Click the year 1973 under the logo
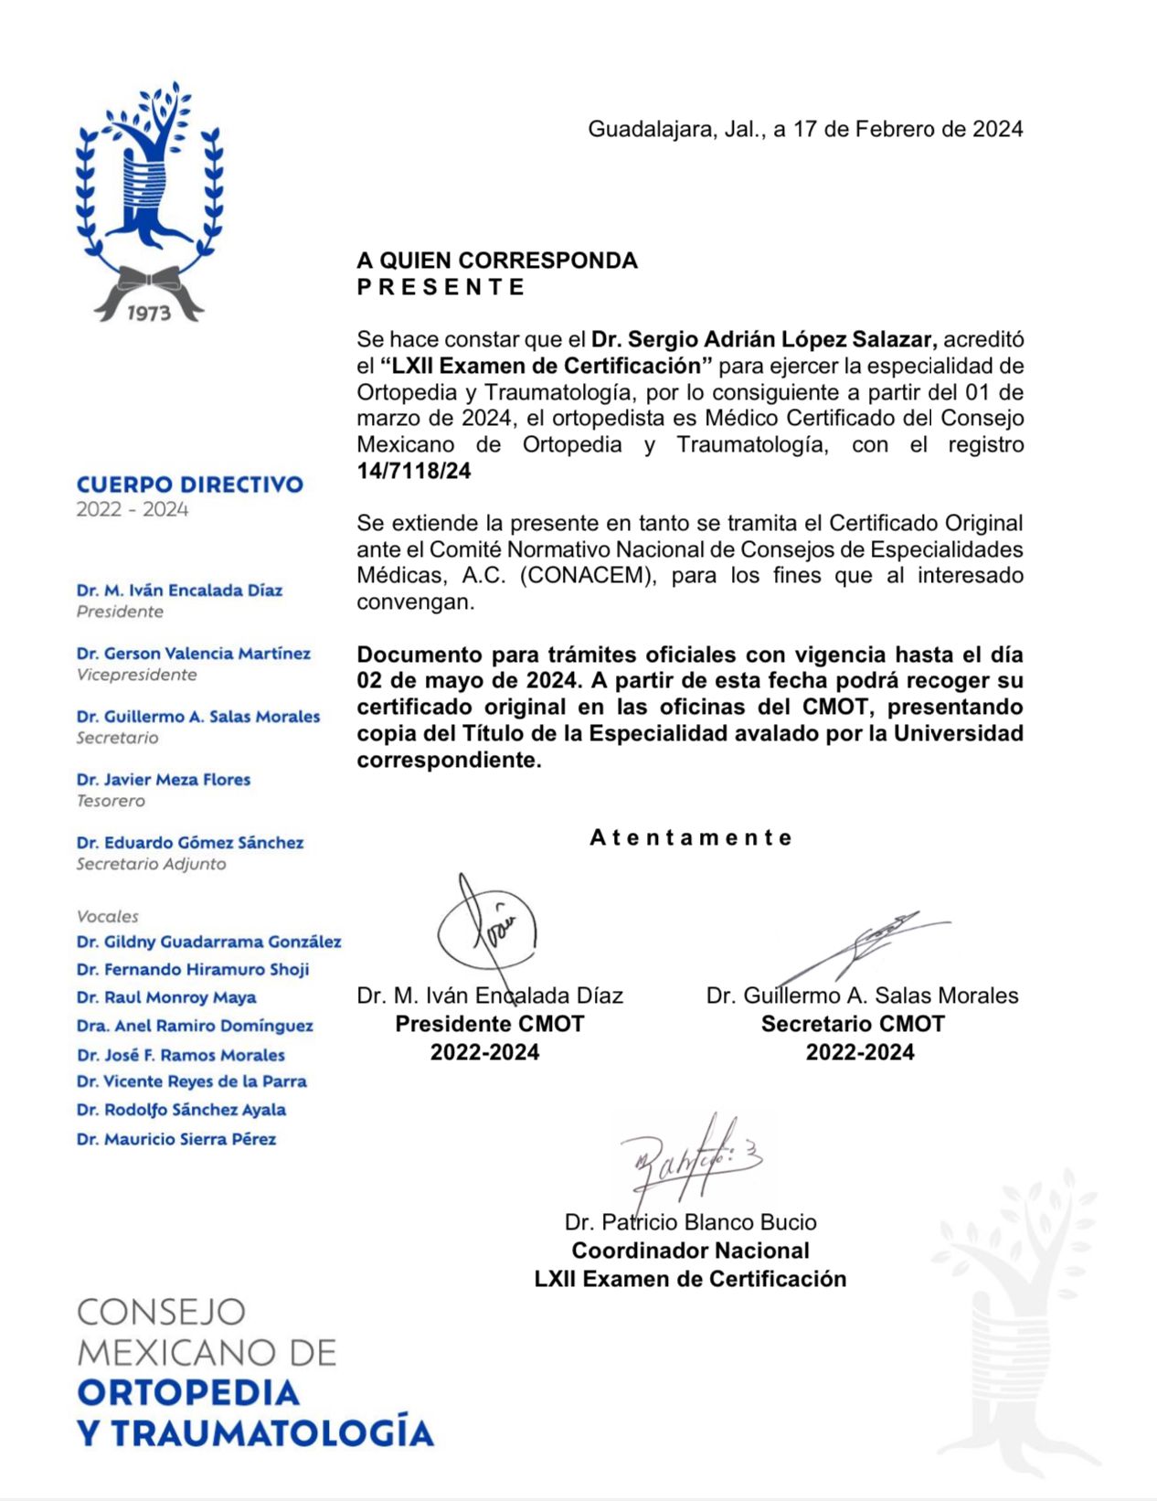pos(149,314)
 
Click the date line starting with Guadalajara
pos(804,129)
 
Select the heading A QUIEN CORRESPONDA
pos(496,261)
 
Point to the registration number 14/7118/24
pos(414,471)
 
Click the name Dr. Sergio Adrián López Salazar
pos(764,339)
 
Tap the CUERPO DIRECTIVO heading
pos(190,484)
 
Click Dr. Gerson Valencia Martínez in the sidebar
pos(194,654)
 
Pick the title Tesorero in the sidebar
pos(111,801)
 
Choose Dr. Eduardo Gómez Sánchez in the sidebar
pos(190,843)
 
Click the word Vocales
pos(108,916)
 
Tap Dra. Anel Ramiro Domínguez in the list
pos(195,1026)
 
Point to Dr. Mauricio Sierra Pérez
pos(176,1139)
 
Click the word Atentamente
pos(691,837)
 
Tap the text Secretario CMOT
pos(853,1024)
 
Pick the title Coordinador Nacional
pos(690,1251)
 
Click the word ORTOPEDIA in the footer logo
pos(189,1392)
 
